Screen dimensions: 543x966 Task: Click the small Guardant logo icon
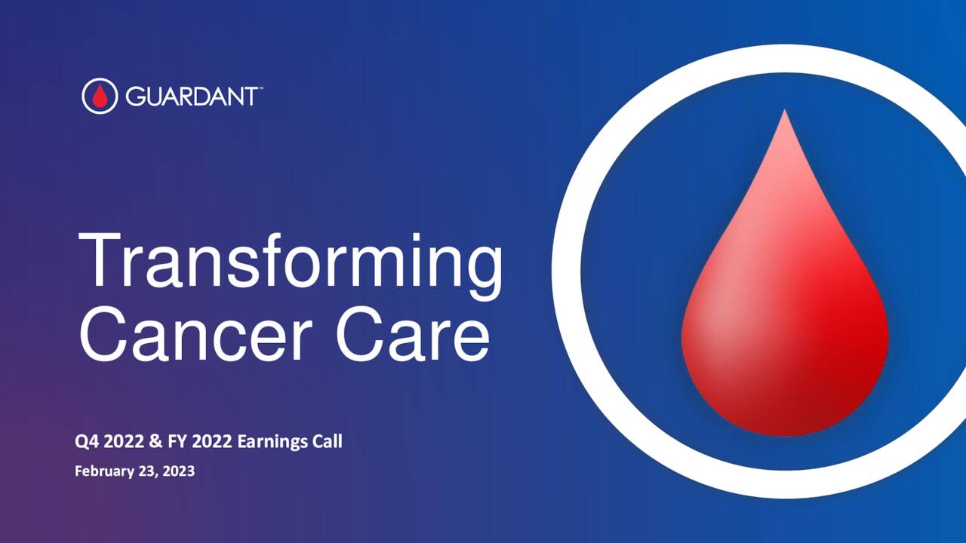point(100,96)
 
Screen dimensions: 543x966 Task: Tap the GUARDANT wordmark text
point(191,97)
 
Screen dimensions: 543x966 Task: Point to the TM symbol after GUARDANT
point(260,89)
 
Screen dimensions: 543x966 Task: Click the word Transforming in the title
point(291,262)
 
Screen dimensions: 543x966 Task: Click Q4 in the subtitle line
point(87,441)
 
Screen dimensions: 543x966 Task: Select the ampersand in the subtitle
point(146,441)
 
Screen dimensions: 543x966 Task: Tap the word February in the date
point(102,472)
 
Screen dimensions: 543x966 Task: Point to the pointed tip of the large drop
point(785,113)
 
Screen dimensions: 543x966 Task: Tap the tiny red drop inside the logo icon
point(100,97)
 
